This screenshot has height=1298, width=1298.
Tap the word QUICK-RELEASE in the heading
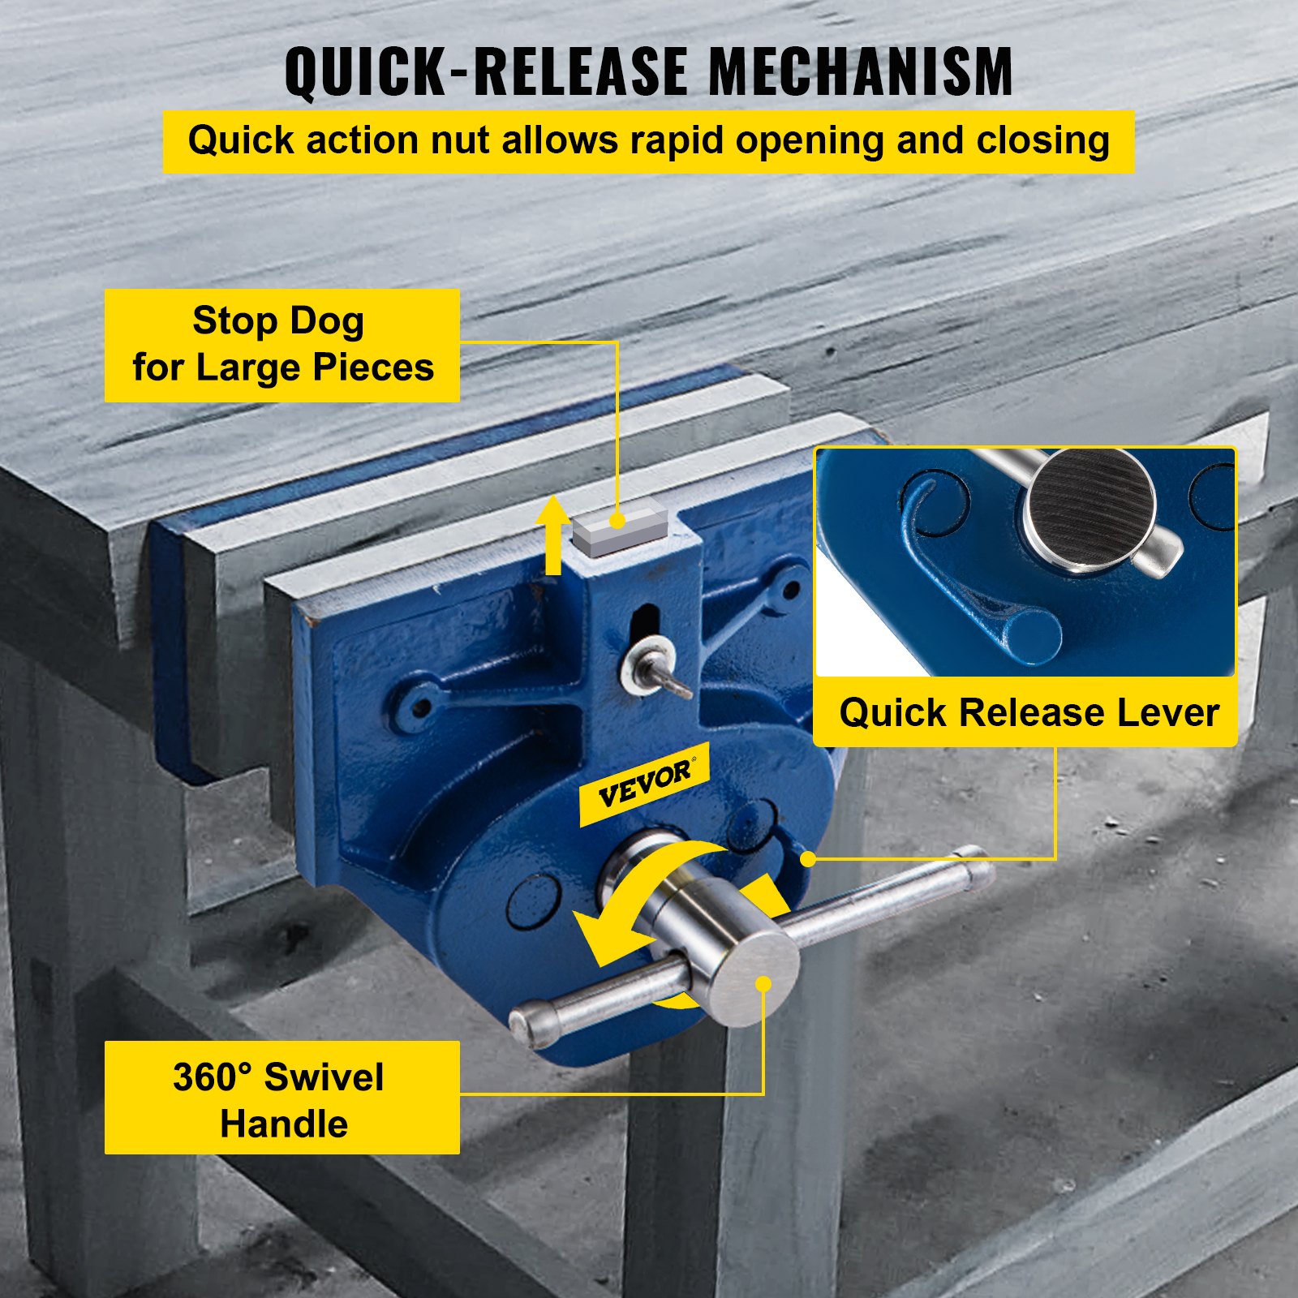click(486, 71)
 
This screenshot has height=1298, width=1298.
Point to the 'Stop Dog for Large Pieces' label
click(282, 345)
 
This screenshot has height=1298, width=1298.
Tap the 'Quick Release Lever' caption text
click(1029, 713)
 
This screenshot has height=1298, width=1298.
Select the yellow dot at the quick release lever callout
click(808, 858)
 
